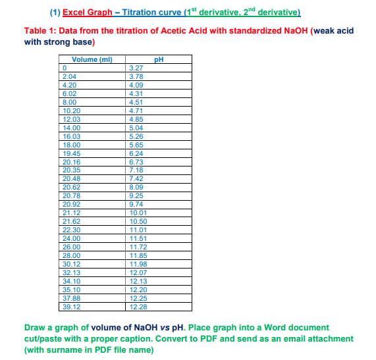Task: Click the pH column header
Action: coord(158,61)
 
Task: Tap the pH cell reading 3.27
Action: coord(136,68)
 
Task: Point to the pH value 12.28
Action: coord(138,305)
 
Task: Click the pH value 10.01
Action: coord(138,212)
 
